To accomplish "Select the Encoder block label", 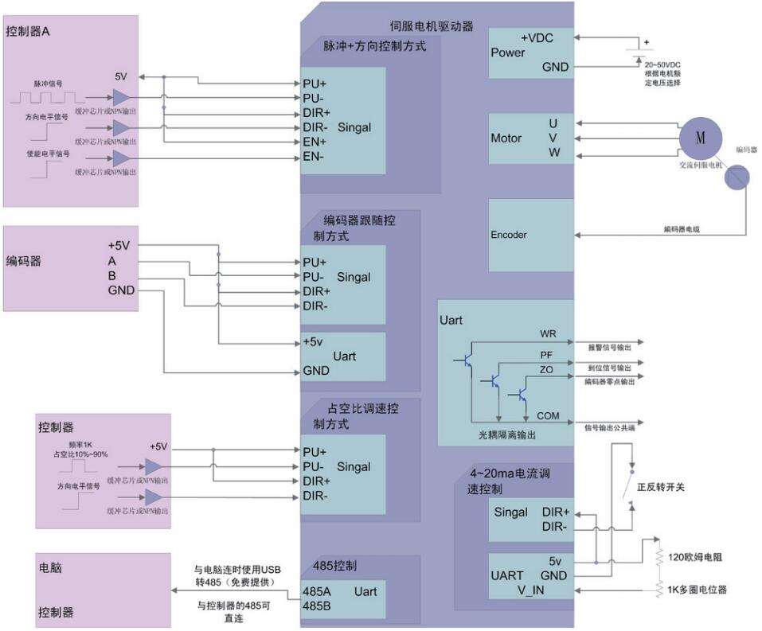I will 509,235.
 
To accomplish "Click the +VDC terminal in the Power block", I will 537,38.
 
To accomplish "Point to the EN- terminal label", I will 312,157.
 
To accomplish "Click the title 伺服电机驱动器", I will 432,26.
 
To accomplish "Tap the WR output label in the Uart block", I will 548,333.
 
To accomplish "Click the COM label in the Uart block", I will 548,415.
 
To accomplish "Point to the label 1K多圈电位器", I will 698,590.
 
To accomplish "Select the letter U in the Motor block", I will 553,123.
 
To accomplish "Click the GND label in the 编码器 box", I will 121,290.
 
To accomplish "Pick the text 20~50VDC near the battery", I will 662,64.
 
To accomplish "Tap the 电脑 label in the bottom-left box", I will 50,569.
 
